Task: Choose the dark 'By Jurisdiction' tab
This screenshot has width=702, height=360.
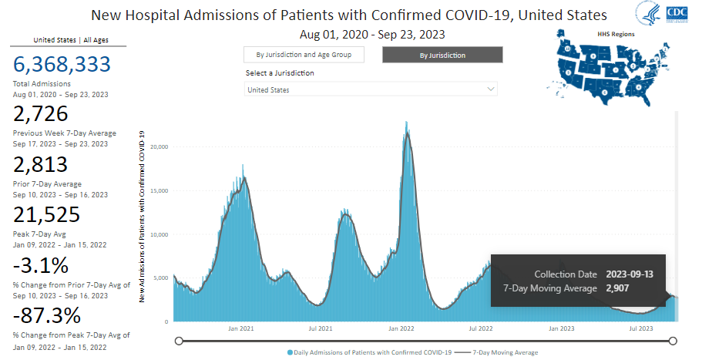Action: coord(442,55)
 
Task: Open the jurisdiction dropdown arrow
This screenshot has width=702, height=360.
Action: coord(491,89)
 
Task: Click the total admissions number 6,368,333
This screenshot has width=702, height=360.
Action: coord(62,66)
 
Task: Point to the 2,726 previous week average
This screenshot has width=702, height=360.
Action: coord(41,114)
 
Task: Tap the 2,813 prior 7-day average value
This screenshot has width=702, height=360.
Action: coord(41,164)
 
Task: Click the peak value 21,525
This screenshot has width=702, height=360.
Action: coord(47,215)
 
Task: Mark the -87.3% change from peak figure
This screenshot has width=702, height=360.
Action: coord(47,315)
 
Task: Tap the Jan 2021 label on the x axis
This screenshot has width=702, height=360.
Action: coord(241,328)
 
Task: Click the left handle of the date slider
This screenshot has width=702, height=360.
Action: coord(179,341)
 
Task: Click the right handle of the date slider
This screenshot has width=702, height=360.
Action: coord(673,341)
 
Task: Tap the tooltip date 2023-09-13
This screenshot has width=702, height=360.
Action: coord(630,274)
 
